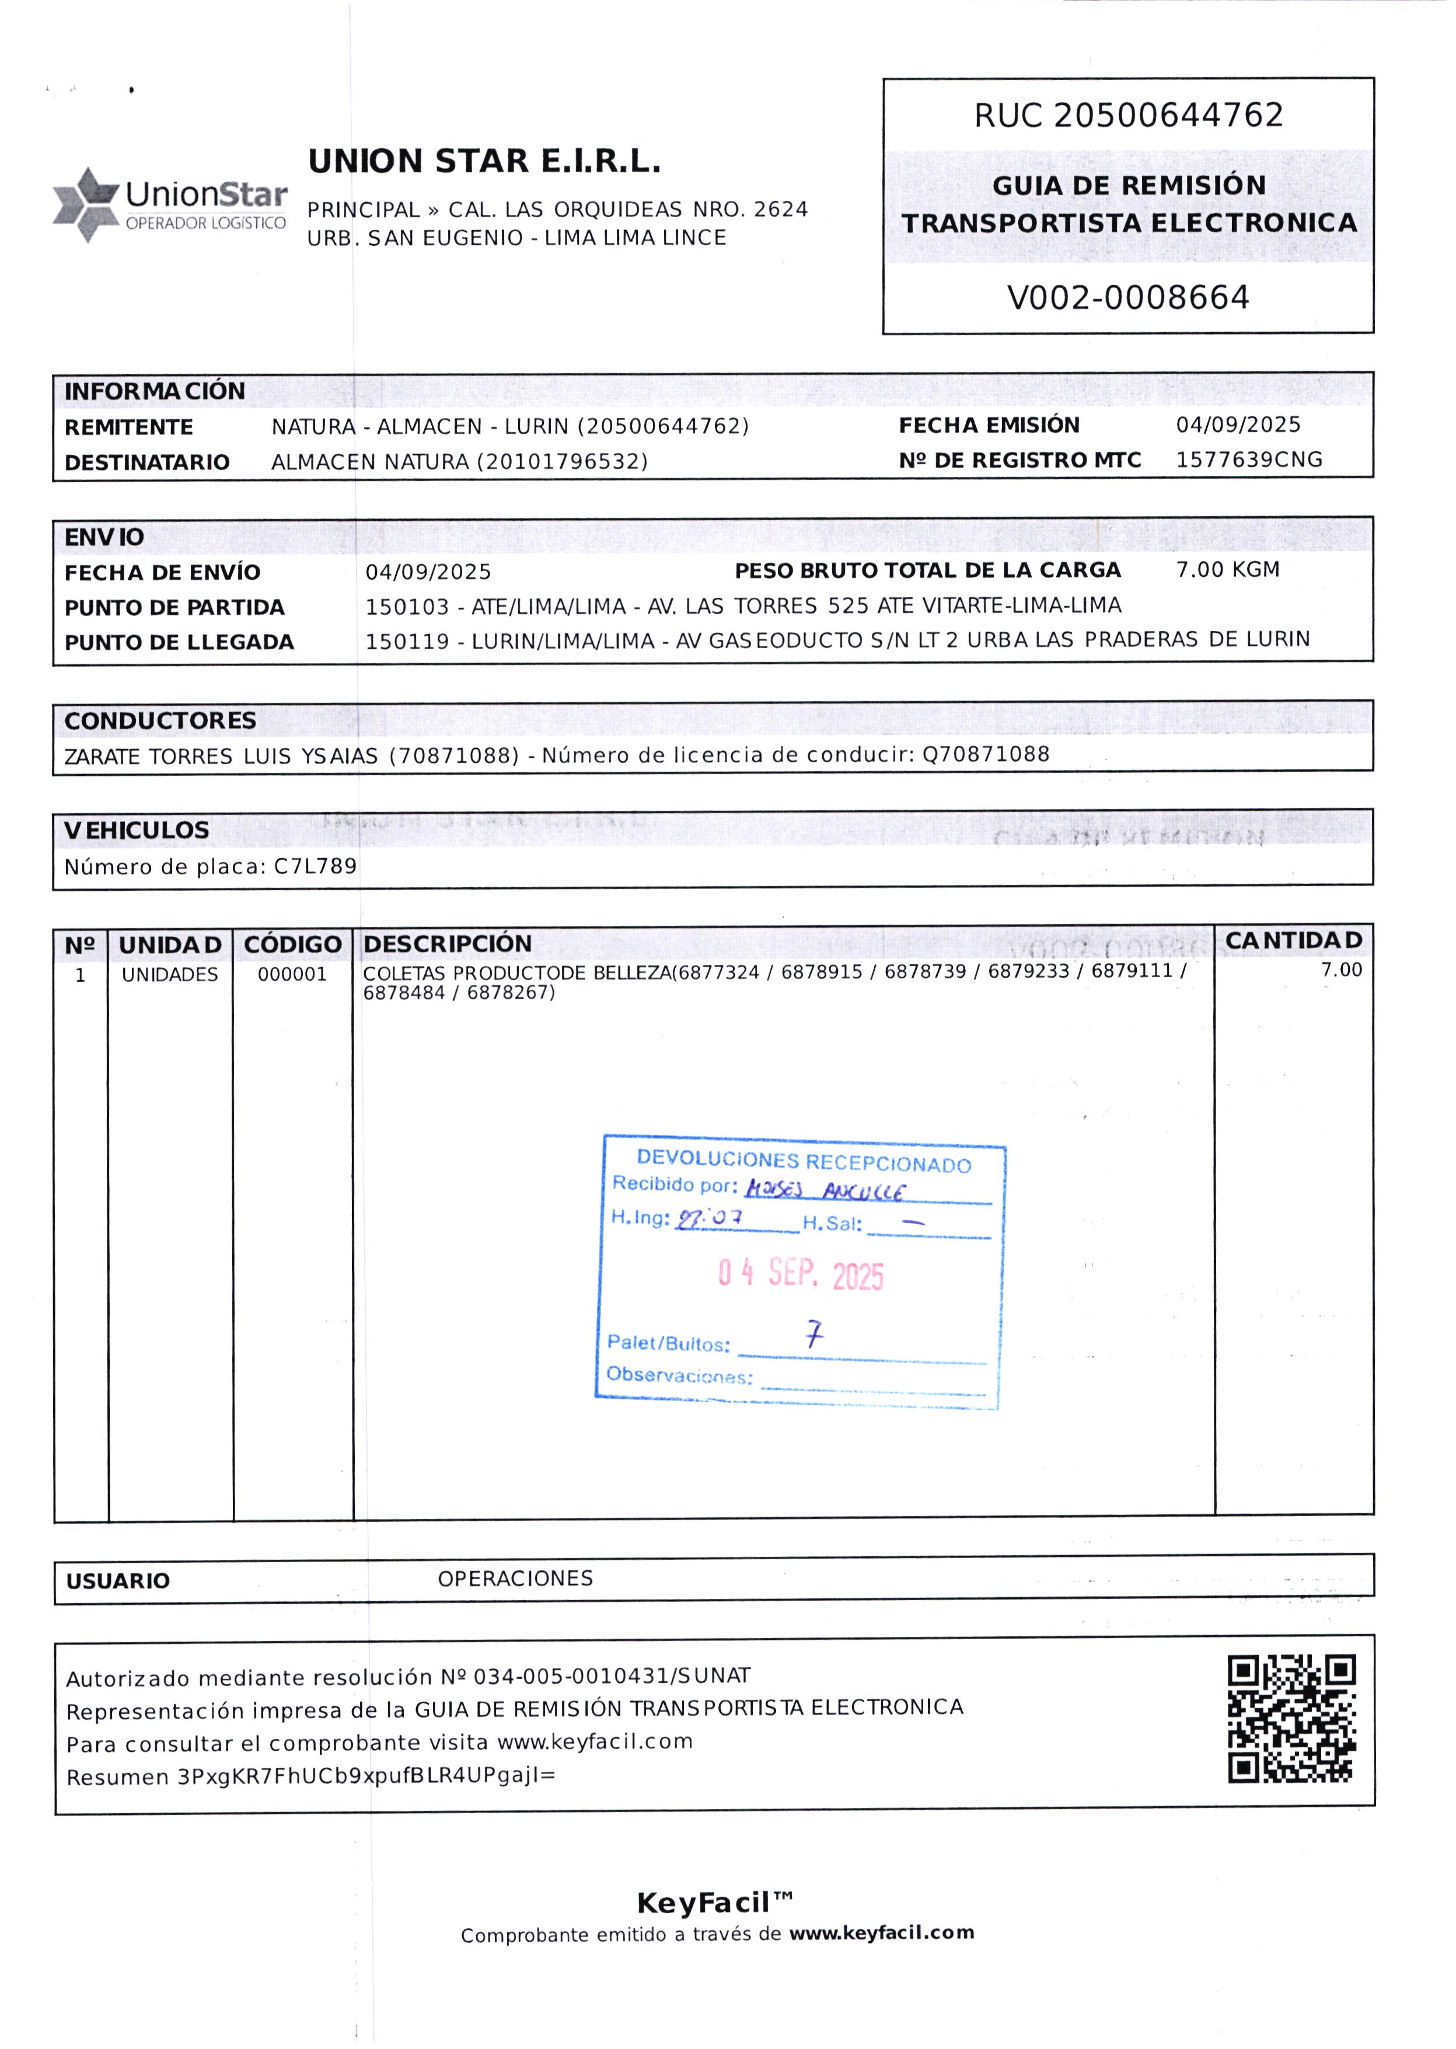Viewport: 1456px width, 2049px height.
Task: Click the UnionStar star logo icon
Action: [x=86, y=204]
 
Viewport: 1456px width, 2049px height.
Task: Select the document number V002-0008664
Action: [x=1128, y=297]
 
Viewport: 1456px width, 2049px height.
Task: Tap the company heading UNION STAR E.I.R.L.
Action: [x=484, y=161]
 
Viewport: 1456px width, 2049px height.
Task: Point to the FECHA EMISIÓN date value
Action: [x=1237, y=424]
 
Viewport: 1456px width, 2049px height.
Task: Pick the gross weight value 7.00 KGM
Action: [x=1227, y=569]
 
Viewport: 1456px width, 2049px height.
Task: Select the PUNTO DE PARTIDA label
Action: [x=174, y=607]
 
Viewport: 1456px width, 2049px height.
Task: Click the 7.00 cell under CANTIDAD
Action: [x=1340, y=970]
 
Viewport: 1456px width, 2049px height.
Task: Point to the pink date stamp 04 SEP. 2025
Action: [x=801, y=1273]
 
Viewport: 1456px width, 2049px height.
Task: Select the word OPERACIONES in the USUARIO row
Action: [x=515, y=1578]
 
